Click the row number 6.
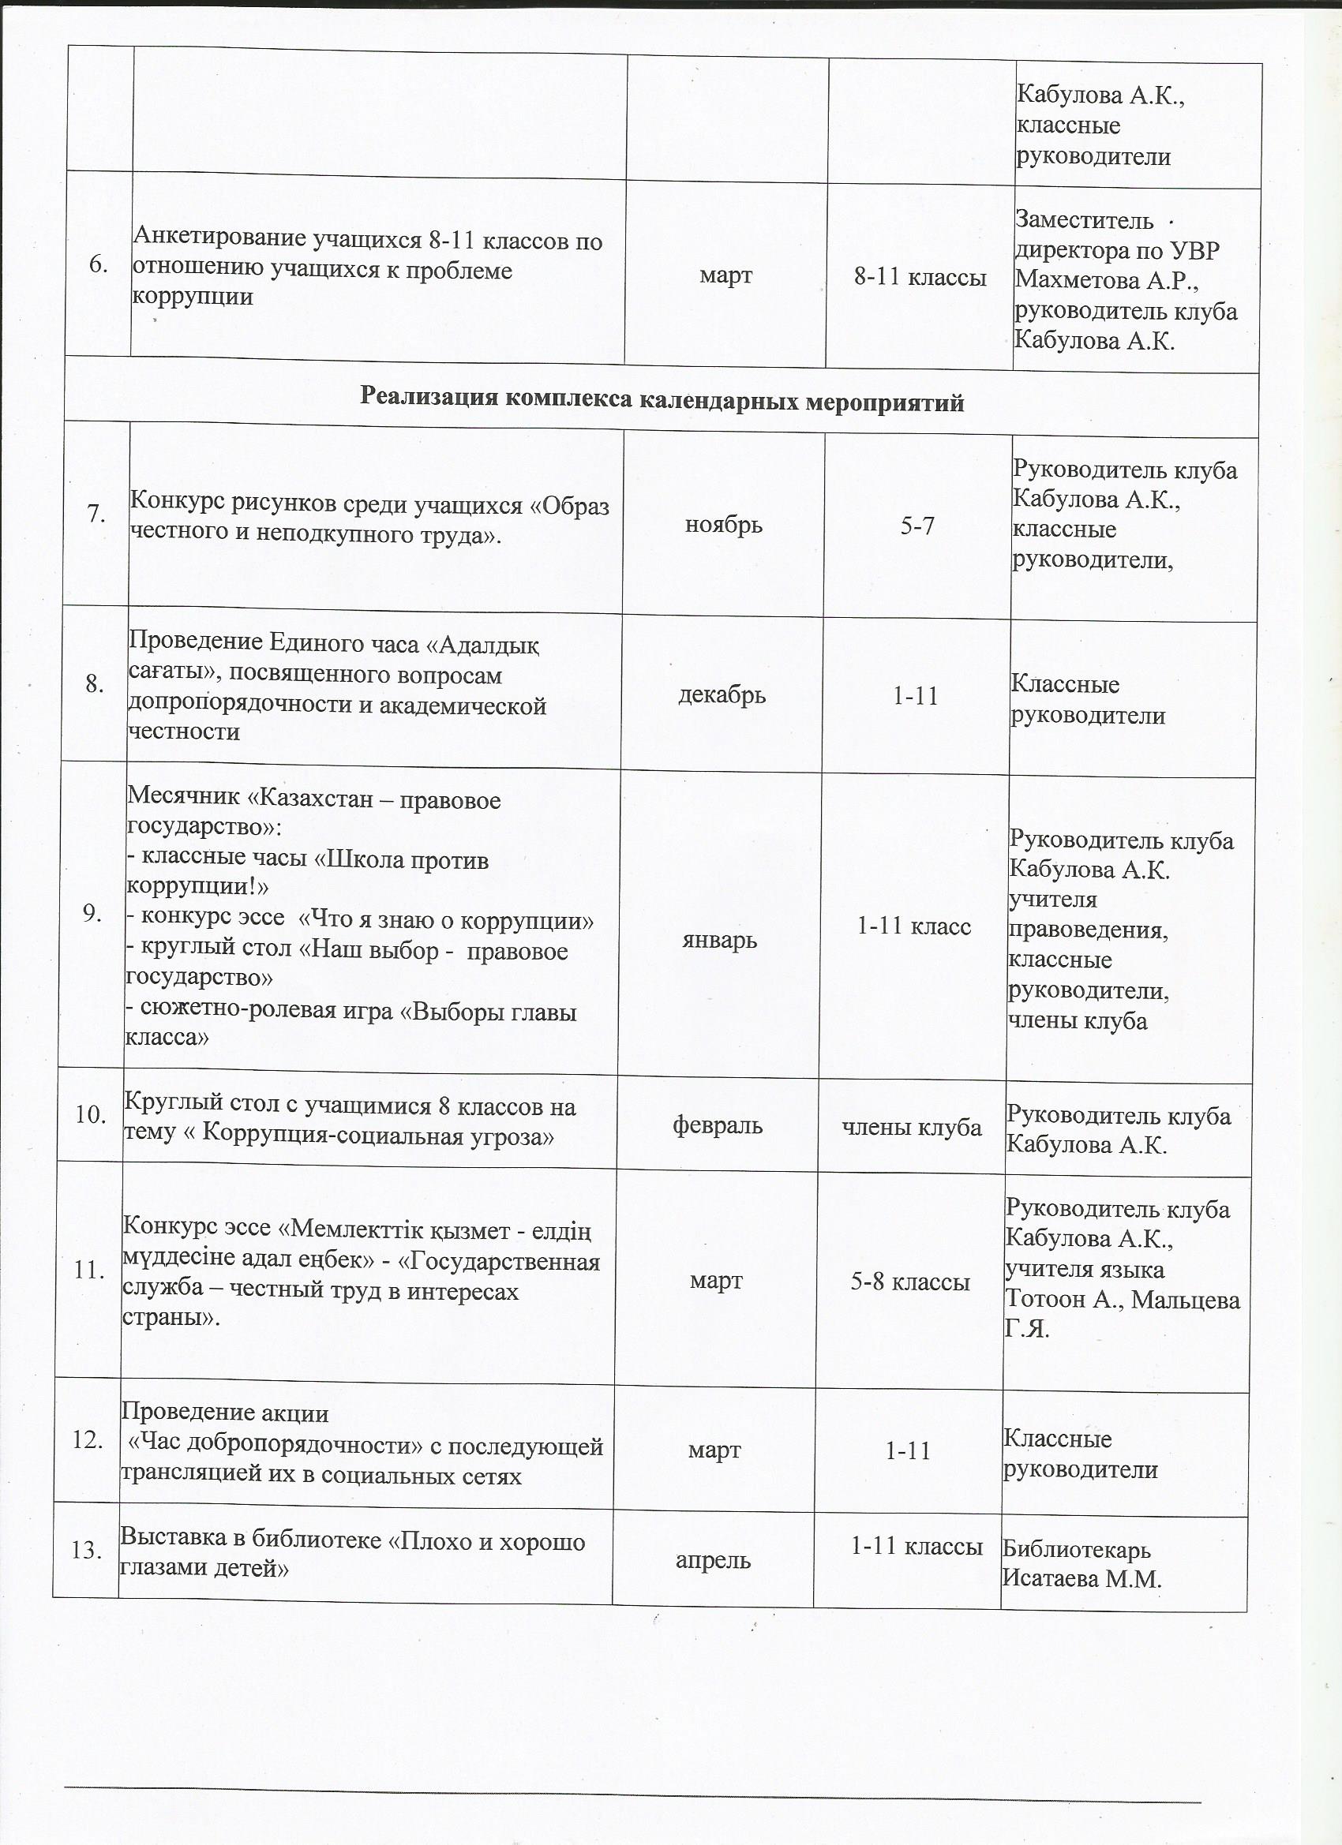pos(99,266)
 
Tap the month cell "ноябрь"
pos(723,525)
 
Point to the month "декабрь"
pos(722,695)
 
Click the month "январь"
pos(719,941)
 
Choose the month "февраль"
pos(717,1126)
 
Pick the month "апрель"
pos(713,1561)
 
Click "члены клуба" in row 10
pos(912,1128)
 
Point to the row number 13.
pos(86,1551)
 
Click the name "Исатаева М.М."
pos(1081,1579)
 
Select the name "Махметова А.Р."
pos(1107,280)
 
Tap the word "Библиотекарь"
pos(1076,1550)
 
